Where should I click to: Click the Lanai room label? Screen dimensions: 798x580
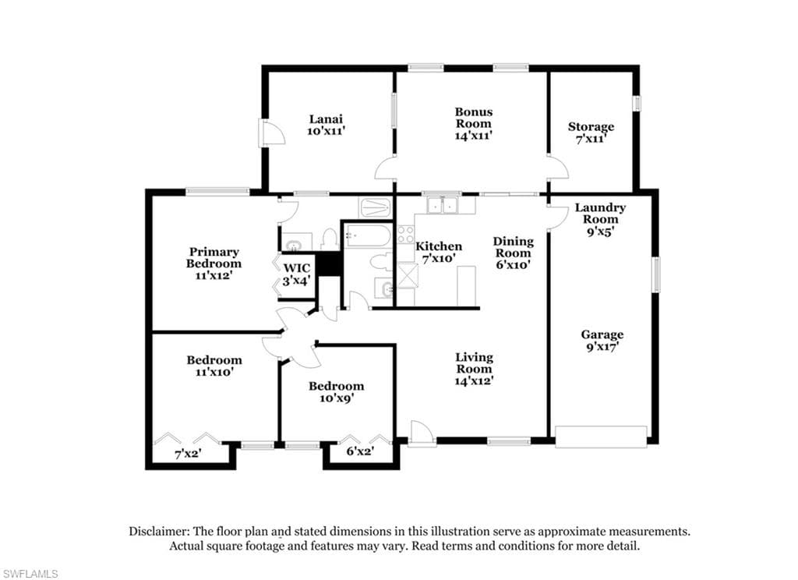327,125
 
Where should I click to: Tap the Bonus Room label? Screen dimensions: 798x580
474,123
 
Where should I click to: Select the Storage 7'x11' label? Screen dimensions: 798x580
591,133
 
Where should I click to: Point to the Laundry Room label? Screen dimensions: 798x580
600,219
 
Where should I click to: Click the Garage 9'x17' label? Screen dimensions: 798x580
602,341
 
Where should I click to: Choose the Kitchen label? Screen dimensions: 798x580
439,252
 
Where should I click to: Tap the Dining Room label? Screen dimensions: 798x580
514,253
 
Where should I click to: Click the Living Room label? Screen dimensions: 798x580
474,369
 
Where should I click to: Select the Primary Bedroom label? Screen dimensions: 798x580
214,263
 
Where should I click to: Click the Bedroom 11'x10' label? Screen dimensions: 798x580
214,366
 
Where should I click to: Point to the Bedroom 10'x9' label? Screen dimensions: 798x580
337,391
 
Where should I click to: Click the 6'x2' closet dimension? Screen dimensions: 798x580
360,451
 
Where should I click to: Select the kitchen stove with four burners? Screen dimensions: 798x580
405,235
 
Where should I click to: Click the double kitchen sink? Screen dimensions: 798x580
443,205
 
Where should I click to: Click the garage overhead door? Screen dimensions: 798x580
601,437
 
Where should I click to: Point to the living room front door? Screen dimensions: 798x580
422,434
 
